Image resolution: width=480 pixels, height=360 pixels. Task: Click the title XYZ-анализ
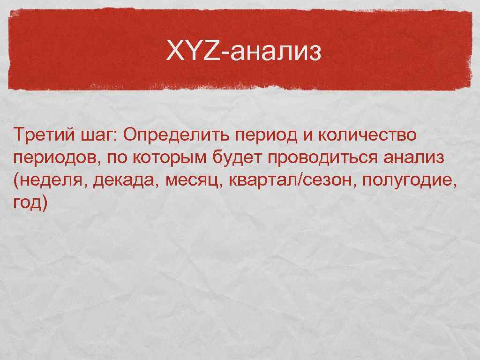point(244,51)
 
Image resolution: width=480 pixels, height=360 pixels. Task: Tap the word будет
point(236,158)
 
